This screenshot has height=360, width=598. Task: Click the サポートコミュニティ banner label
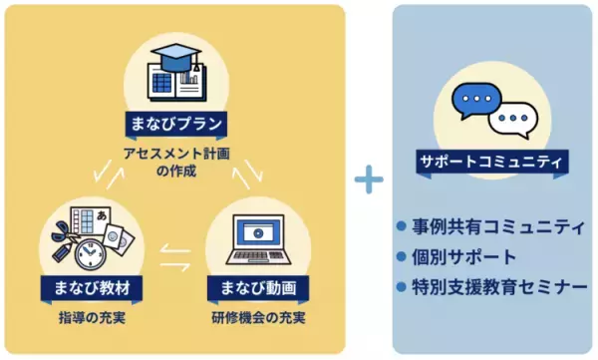491,160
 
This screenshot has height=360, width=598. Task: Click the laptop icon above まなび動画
257,243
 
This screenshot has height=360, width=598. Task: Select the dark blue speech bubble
475,101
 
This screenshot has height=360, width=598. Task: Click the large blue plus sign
369,180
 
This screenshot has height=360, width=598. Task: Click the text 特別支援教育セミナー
499,287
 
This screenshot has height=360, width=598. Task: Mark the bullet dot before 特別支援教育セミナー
402,287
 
